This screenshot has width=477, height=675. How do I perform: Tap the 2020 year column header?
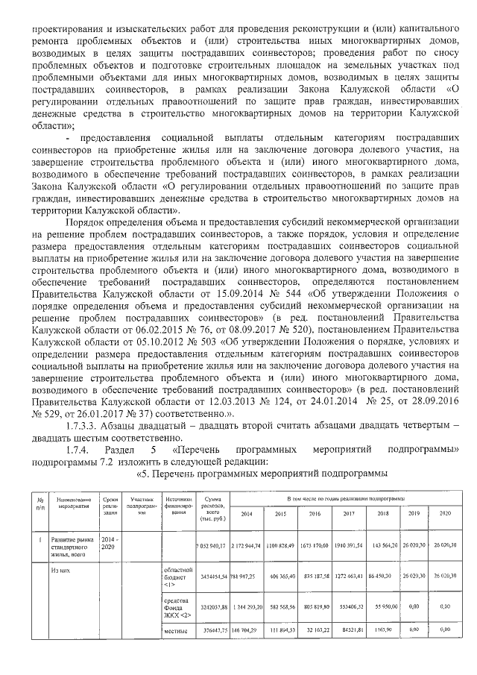(444, 514)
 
